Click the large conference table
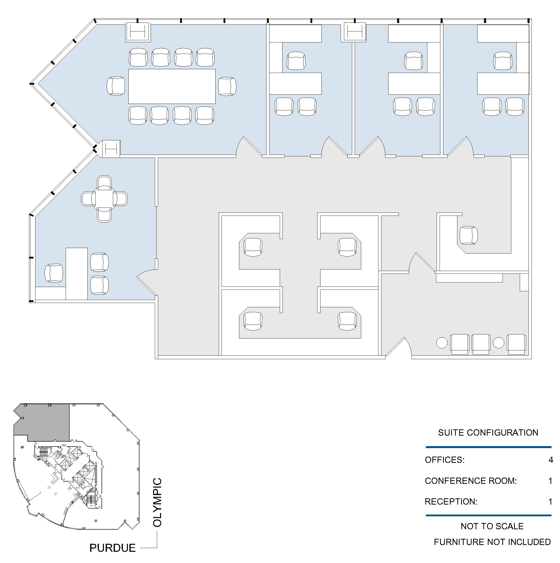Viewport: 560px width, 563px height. point(172,86)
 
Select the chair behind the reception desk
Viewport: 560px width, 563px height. point(469,235)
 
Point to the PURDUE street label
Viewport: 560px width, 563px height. point(112,548)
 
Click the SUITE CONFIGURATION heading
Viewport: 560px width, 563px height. point(488,432)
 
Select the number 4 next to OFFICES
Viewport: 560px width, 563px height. point(551,460)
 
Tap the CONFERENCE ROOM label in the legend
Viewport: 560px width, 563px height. point(471,481)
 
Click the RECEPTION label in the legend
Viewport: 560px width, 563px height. point(451,502)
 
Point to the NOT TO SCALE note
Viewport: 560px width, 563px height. point(492,526)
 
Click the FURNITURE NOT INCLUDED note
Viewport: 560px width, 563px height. point(492,542)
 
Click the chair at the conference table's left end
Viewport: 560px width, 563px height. point(116,86)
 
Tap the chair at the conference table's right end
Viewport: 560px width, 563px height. point(227,86)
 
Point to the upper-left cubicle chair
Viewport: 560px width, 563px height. point(253,247)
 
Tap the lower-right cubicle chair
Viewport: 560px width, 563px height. point(347,321)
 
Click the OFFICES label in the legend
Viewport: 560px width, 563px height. point(445,460)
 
